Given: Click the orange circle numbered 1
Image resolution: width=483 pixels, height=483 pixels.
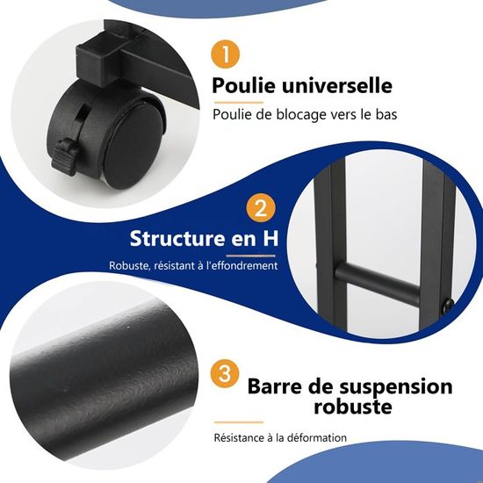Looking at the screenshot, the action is pyautogui.click(x=225, y=54).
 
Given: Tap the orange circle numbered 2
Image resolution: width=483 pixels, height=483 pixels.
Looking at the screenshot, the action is pyautogui.click(x=261, y=208).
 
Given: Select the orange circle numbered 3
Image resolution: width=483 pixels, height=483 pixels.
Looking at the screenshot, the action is pyautogui.click(x=225, y=374).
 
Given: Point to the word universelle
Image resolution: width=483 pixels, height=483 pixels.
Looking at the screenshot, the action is pyautogui.click(x=337, y=85).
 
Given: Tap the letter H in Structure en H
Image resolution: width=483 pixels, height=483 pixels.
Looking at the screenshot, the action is pyautogui.click(x=270, y=238).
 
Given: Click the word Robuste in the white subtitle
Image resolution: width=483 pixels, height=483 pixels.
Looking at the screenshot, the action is pyautogui.click(x=129, y=265).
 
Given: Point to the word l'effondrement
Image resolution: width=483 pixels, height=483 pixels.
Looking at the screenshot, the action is pyautogui.click(x=242, y=265).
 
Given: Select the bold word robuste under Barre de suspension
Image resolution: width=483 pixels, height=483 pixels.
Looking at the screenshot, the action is pyautogui.click(x=353, y=407).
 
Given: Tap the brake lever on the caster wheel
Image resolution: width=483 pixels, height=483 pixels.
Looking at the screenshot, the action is pyautogui.click(x=64, y=156).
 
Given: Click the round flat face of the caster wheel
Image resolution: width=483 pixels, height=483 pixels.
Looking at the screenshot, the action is pyautogui.click(x=135, y=142).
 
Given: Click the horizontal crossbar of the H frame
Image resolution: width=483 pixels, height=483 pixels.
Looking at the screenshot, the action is pyautogui.click(x=378, y=283).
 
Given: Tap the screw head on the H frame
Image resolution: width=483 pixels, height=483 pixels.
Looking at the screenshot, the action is pyautogui.click(x=448, y=306).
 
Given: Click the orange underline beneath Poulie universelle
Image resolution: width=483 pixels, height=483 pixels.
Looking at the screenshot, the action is pyautogui.click(x=239, y=103).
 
